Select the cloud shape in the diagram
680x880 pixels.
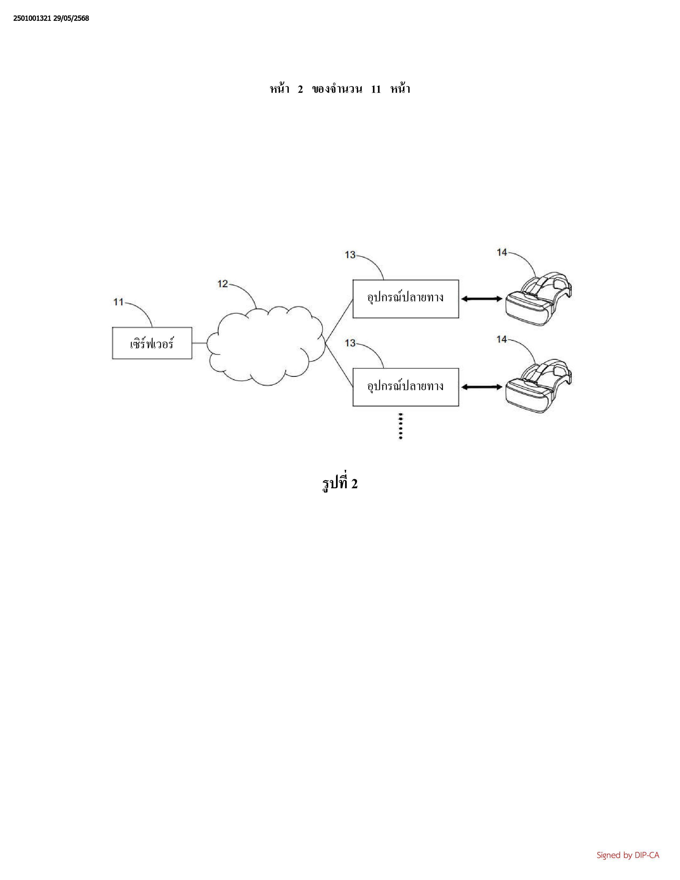point(266,346)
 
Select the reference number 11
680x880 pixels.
point(118,302)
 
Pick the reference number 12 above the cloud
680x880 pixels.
point(223,284)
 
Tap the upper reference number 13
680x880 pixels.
point(350,255)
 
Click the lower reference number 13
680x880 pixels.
point(350,343)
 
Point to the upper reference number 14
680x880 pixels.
point(502,252)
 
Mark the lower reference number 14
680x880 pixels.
point(502,340)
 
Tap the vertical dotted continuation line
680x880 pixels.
point(401,426)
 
